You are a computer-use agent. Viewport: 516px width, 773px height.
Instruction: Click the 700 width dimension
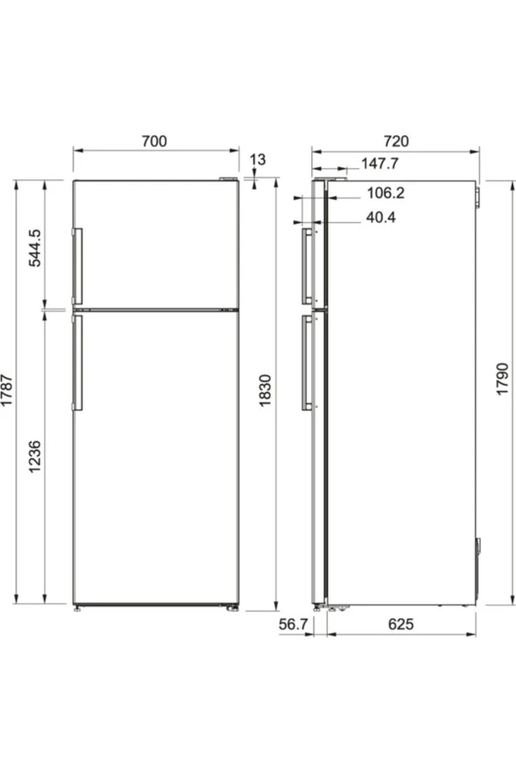[153, 140]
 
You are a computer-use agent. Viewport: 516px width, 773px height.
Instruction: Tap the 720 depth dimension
[395, 140]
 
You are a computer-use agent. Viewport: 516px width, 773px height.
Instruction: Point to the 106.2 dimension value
[385, 193]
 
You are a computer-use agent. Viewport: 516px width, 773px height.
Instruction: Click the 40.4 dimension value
[381, 218]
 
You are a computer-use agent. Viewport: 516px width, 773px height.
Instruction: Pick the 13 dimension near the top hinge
[257, 159]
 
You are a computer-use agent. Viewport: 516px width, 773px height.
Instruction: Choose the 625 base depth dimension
[401, 625]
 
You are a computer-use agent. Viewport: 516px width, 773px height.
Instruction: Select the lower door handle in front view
[78, 362]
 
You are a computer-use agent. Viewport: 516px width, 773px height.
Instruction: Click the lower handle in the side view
[306, 362]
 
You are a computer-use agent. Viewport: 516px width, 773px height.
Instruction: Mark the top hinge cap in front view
[228, 180]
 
